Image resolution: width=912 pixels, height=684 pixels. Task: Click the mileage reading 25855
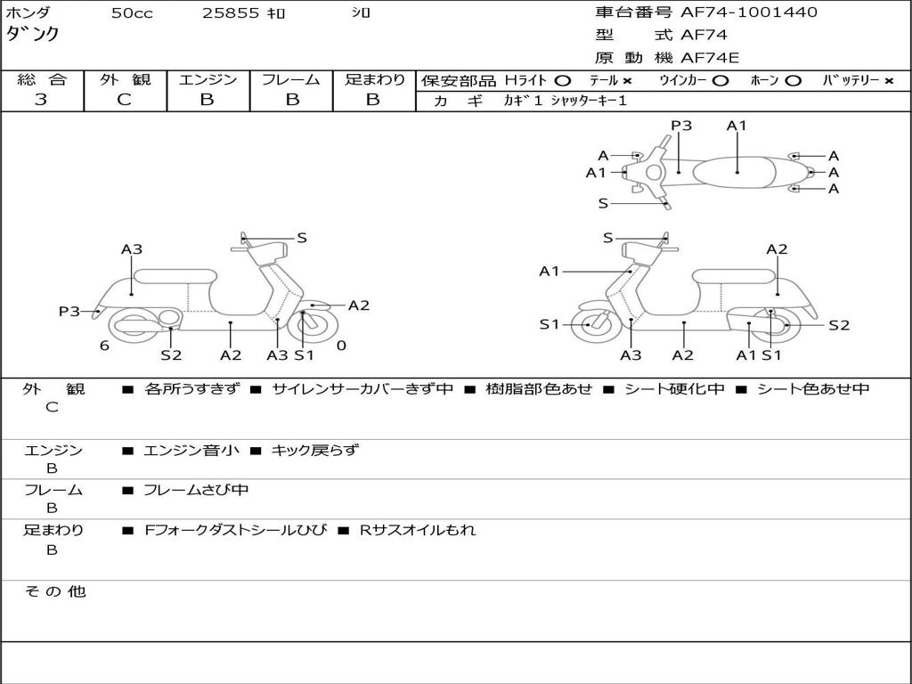[231, 13]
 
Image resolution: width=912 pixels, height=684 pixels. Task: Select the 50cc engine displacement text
[132, 13]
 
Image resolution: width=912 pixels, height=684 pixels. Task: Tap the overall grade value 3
[41, 100]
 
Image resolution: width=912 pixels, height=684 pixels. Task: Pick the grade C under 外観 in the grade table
[124, 100]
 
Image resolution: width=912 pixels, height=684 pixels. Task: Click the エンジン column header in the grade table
[208, 80]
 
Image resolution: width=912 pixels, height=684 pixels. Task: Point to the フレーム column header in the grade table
[291, 80]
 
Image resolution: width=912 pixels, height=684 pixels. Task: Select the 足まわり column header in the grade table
[374, 80]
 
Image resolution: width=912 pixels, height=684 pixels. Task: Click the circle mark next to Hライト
[563, 81]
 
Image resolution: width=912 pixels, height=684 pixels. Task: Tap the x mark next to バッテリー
[888, 81]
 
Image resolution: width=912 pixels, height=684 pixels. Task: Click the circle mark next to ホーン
[794, 81]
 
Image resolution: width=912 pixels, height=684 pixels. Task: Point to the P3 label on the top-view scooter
[681, 126]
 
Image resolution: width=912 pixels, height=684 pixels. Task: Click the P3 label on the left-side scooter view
[69, 311]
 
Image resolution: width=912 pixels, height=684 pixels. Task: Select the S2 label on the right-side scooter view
[839, 325]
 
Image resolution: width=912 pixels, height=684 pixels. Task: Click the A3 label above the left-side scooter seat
[132, 249]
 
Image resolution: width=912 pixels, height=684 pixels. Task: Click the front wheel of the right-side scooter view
[590, 325]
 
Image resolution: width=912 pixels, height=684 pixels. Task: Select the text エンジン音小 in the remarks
[191, 451]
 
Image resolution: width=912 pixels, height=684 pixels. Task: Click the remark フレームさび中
[196, 490]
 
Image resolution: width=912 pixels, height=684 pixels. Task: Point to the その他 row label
[54, 591]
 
